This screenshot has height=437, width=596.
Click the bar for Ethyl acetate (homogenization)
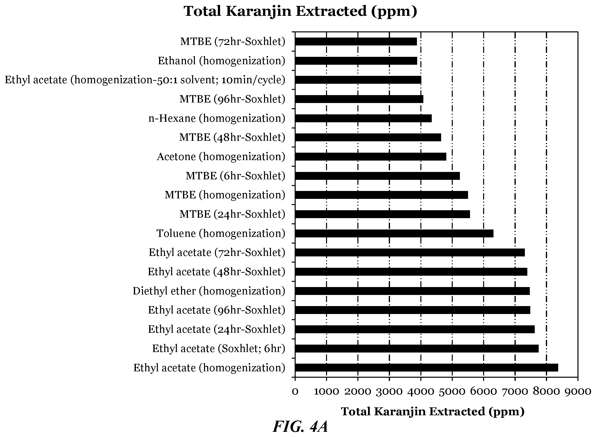427,368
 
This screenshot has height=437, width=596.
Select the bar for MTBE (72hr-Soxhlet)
356,42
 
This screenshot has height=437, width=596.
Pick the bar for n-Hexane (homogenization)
363,118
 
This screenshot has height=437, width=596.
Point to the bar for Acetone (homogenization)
371,157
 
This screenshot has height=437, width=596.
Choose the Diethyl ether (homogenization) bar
412,291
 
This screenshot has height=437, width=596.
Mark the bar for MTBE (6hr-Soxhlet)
377,176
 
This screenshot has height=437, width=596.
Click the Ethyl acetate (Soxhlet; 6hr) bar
417,349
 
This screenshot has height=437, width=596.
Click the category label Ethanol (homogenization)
222,61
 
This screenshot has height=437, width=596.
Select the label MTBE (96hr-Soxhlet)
232,99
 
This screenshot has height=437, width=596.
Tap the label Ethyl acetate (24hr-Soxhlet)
217,329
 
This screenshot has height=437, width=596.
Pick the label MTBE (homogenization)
225,195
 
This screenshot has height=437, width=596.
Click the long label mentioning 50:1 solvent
145,80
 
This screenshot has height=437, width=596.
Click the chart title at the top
300,11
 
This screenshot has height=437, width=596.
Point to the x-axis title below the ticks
433,412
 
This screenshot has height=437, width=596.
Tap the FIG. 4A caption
300,427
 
